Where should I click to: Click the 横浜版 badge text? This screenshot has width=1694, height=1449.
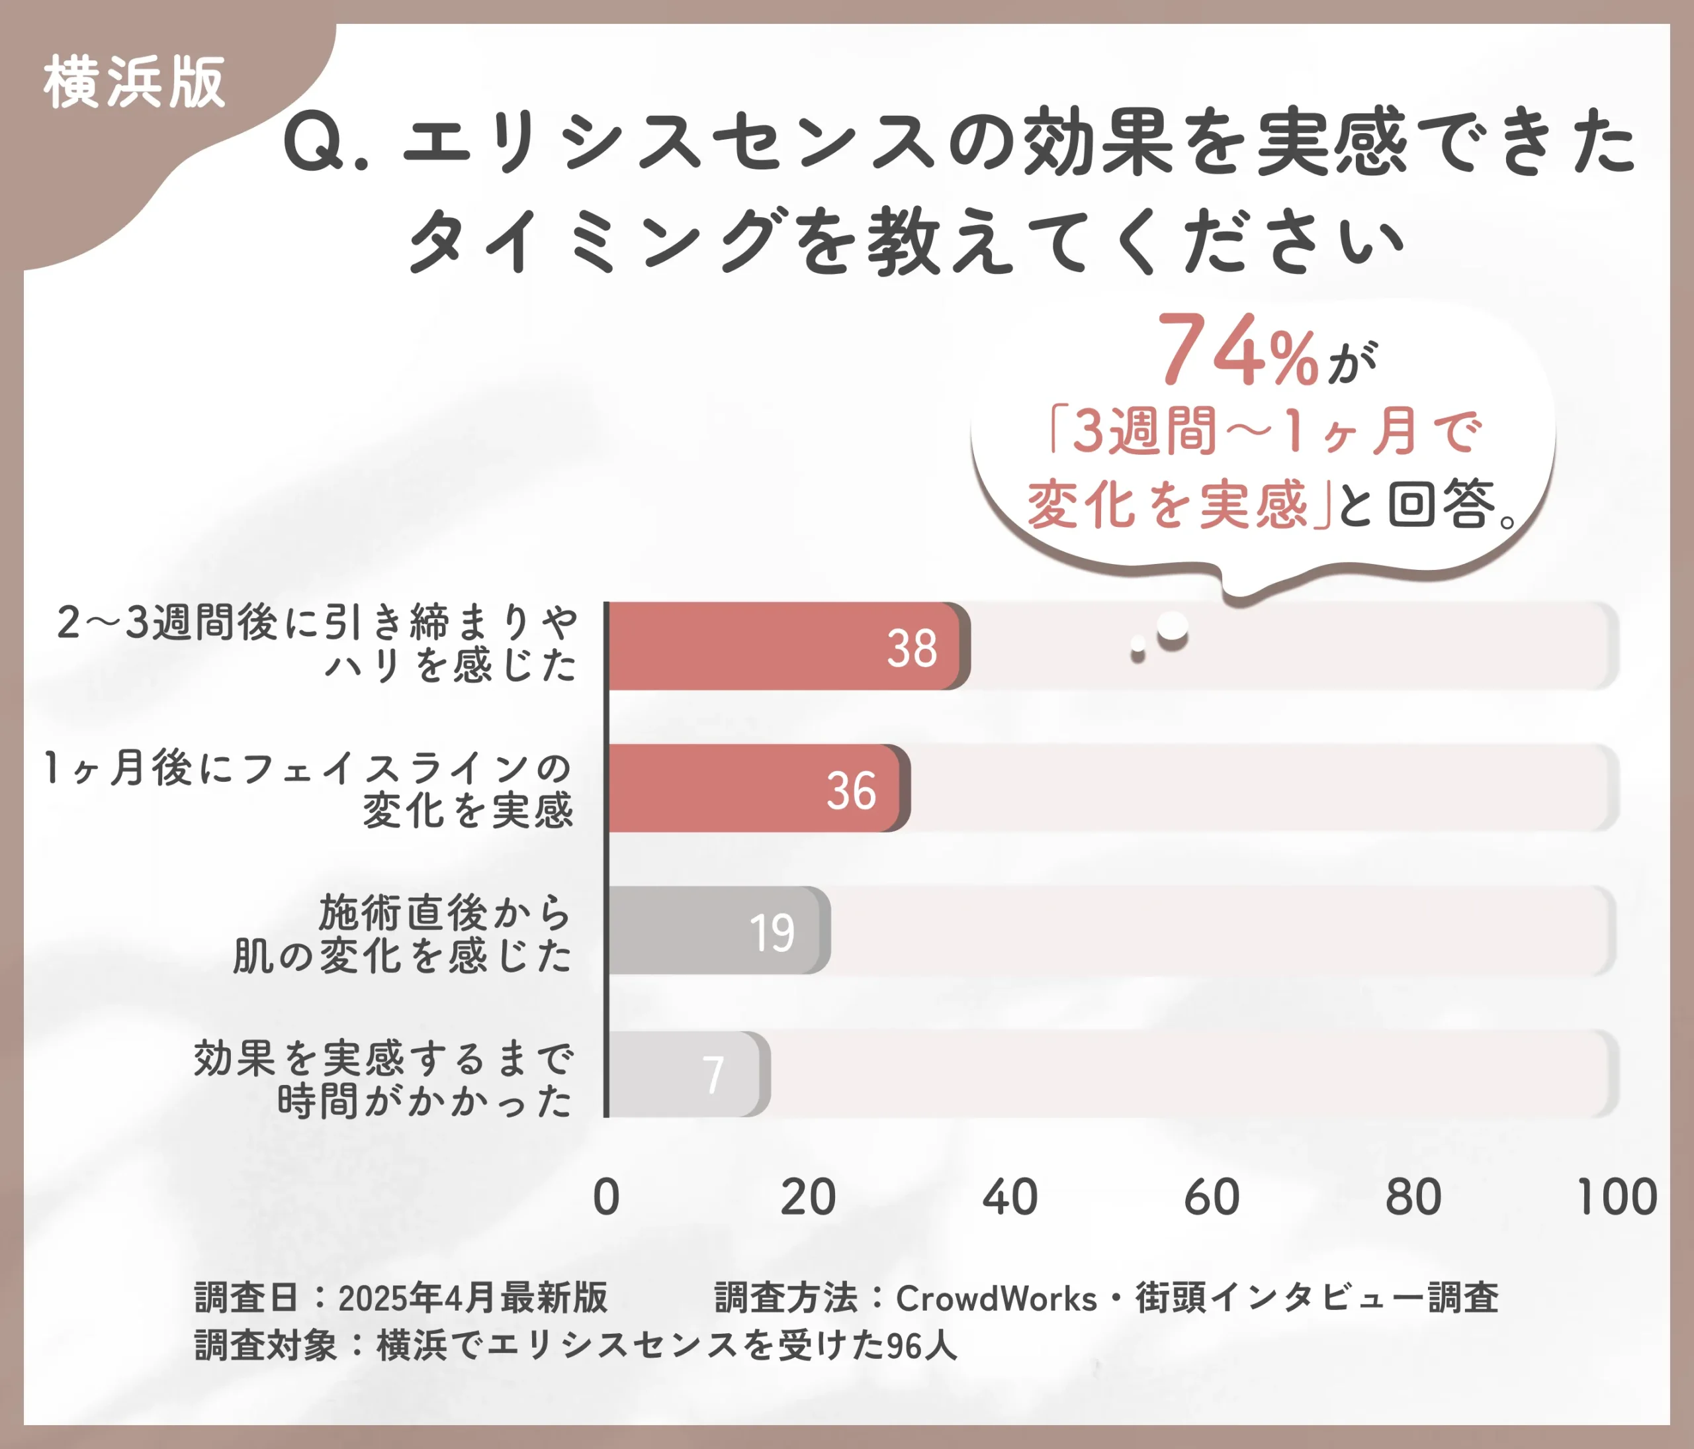point(134,83)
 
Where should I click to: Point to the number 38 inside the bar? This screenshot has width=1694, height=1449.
point(912,649)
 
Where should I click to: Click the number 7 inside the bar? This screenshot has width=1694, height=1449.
point(713,1074)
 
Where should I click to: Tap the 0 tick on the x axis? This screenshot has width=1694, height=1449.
point(606,1197)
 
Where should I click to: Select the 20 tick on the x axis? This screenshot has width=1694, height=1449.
point(808,1197)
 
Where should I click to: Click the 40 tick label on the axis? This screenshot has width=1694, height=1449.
point(1010,1197)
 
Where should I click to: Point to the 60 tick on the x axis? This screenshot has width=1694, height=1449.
point(1212,1197)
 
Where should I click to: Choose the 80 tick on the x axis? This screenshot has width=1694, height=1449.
point(1413,1197)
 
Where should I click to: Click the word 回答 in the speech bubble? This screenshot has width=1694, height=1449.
point(1441,504)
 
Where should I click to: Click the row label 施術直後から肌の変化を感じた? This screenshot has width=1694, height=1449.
point(403,934)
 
